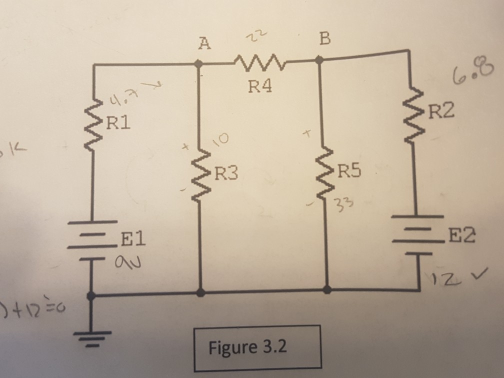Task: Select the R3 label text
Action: click(x=226, y=174)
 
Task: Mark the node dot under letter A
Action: click(x=198, y=64)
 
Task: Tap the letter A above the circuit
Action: click(x=202, y=44)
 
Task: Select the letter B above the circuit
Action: click(x=324, y=39)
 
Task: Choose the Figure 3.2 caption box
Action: click(x=257, y=347)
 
